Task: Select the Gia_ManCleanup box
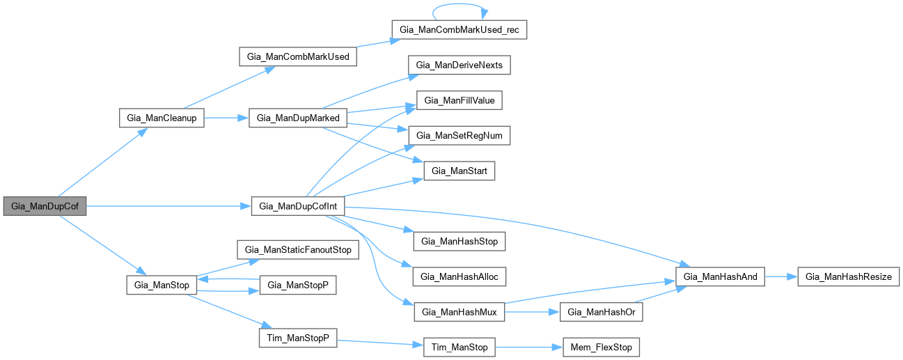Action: [162, 118]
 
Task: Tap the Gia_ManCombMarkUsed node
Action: [298, 56]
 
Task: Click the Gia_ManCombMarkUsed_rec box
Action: [460, 30]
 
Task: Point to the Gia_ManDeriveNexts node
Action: [460, 65]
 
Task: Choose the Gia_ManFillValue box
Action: [460, 100]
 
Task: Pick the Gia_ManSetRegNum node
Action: [460, 135]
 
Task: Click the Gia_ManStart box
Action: [460, 171]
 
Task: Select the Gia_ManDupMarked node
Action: [298, 118]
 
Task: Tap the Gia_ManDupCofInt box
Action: [298, 206]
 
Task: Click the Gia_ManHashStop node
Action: [460, 241]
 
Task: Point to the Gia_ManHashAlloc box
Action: [460, 276]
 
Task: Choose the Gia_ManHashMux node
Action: [460, 312]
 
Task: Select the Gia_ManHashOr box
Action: [602, 312]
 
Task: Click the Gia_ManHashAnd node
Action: [721, 276]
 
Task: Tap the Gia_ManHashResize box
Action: [848, 276]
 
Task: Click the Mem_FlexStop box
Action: [602, 347]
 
